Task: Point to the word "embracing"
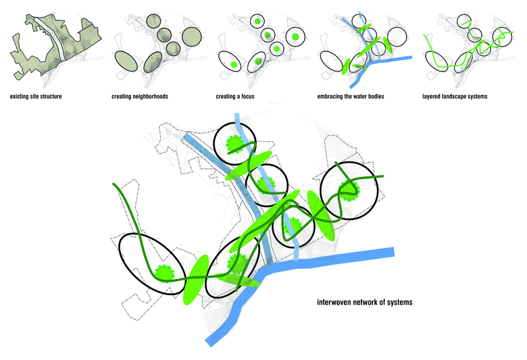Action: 331,97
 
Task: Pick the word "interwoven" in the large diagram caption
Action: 335,302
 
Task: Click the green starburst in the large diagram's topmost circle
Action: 234,143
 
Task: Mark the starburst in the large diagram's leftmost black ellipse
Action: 164,272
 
